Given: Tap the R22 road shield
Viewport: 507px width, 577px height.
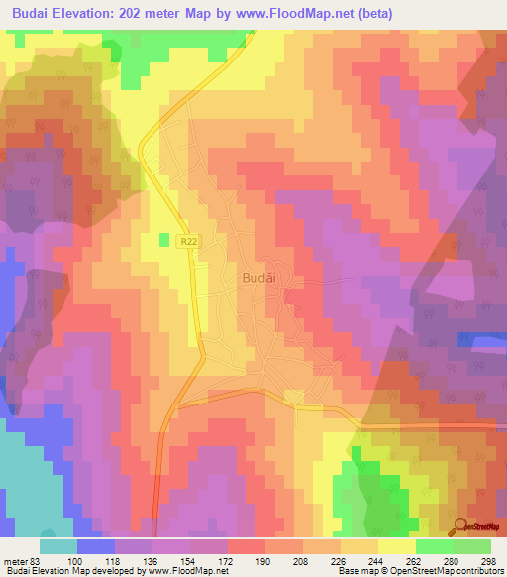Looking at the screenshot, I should click(188, 241).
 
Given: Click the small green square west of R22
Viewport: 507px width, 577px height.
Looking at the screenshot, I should click(164, 239).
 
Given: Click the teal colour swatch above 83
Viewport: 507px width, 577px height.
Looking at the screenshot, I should click(58, 546).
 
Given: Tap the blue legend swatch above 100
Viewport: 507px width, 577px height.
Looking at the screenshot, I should click(96, 546).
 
